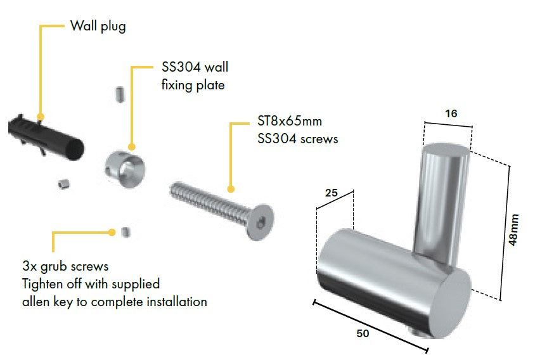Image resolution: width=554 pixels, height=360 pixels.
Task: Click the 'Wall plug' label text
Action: [x=98, y=27]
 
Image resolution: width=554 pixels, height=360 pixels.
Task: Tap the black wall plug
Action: [x=46, y=137]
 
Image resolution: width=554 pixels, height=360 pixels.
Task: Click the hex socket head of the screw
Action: [x=261, y=222]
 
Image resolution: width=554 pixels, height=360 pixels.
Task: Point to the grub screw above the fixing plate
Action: [x=120, y=94]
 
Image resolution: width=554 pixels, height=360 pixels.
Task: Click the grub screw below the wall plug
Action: [x=63, y=184]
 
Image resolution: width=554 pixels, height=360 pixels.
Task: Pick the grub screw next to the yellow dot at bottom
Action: [x=126, y=232]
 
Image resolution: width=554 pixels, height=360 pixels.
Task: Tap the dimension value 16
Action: [x=451, y=113]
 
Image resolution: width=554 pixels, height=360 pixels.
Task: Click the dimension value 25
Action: [x=332, y=193]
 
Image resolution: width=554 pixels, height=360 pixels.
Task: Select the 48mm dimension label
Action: [x=513, y=229]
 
